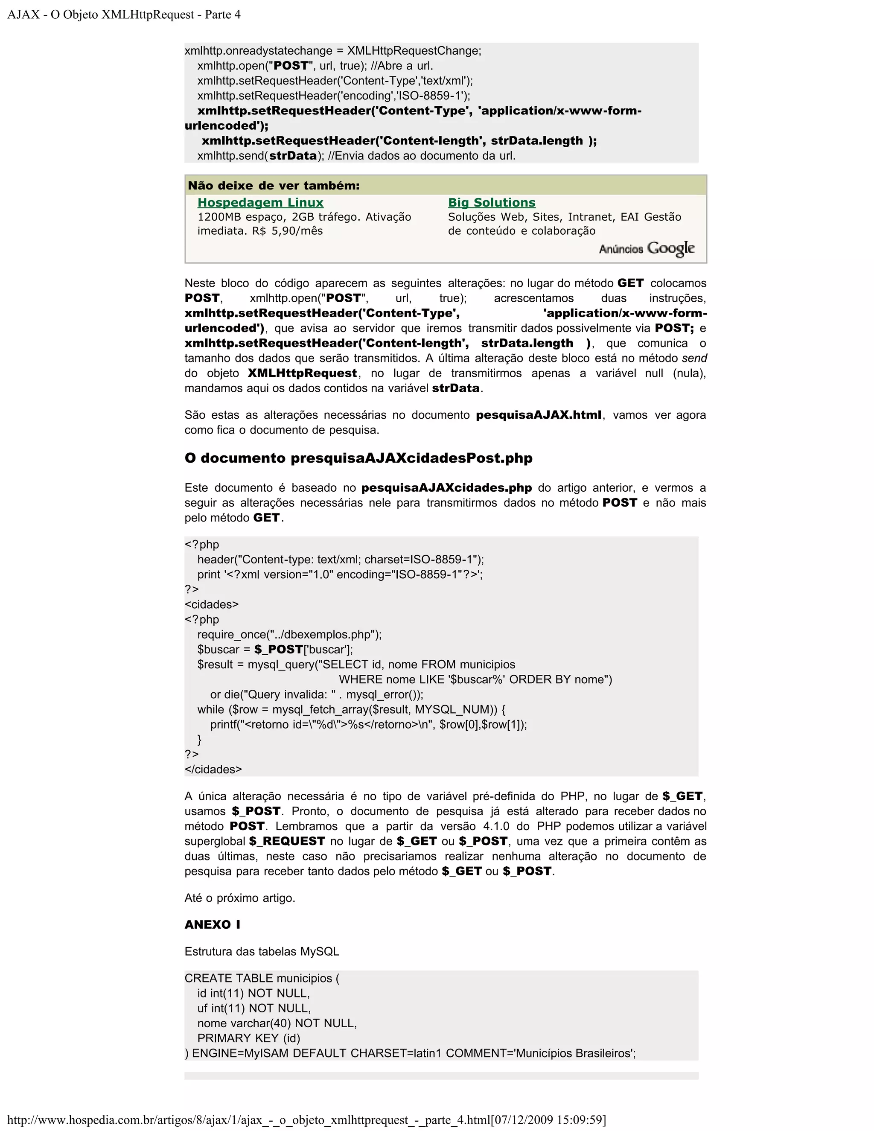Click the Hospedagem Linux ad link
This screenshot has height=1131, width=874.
point(260,202)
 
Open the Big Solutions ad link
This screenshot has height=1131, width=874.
point(491,202)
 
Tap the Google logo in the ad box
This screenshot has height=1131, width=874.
point(670,248)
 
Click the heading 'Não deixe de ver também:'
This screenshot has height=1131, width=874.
point(274,185)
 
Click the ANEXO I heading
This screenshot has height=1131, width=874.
point(212,924)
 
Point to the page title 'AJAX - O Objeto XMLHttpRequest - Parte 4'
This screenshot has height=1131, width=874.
point(124,15)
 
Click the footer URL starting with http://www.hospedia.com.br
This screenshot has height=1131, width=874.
point(306,1119)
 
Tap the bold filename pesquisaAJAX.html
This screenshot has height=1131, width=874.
point(539,415)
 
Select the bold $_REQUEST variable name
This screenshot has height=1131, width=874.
point(287,841)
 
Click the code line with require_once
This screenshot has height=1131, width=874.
point(289,634)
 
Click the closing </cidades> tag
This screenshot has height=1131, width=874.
point(213,769)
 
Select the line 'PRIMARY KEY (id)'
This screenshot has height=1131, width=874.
point(248,1038)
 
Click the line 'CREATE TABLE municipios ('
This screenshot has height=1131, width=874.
point(262,978)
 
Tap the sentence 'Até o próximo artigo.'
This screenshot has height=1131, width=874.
point(240,898)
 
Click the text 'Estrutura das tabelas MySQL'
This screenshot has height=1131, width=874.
point(262,951)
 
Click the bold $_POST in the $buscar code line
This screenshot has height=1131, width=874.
point(279,650)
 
